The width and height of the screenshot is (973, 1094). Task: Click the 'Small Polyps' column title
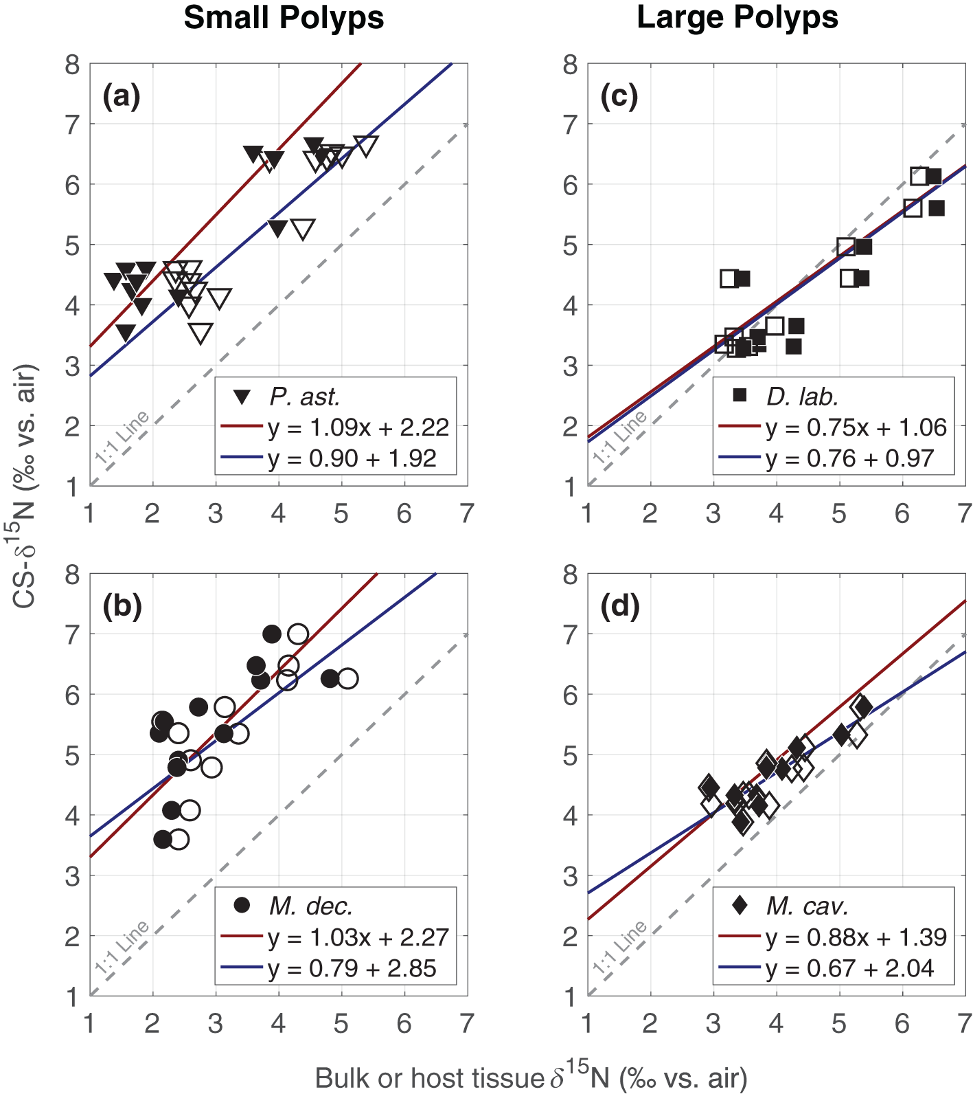pos(284,18)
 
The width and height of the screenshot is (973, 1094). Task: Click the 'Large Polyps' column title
pos(737,18)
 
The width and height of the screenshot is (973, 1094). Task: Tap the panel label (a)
pos(122,96)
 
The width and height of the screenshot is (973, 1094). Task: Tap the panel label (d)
pos(619,606)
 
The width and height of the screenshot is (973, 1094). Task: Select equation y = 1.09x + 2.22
pos(358,427)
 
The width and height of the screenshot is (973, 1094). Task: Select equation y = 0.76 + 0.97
pos(849,458)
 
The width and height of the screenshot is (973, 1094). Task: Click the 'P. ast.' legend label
pos(304,397)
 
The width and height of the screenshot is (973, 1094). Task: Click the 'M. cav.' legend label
pos(807,906)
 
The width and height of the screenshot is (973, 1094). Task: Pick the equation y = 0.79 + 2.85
pos(352,968)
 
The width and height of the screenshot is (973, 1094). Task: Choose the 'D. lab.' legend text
pos(802,397)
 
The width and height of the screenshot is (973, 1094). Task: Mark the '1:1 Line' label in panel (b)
pos(122,948)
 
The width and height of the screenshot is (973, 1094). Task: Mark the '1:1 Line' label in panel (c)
pos(620,438)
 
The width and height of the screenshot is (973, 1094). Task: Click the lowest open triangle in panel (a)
pos(201,333)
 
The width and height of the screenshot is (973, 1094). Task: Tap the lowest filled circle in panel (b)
pos(163,839)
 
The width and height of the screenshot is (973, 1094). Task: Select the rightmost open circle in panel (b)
pos(347,678)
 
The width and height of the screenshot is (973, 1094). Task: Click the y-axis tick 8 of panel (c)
pos(570,65)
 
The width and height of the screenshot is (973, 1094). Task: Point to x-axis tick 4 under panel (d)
pos(776,1024)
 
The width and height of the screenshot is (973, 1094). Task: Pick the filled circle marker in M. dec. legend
pos(242,905)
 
